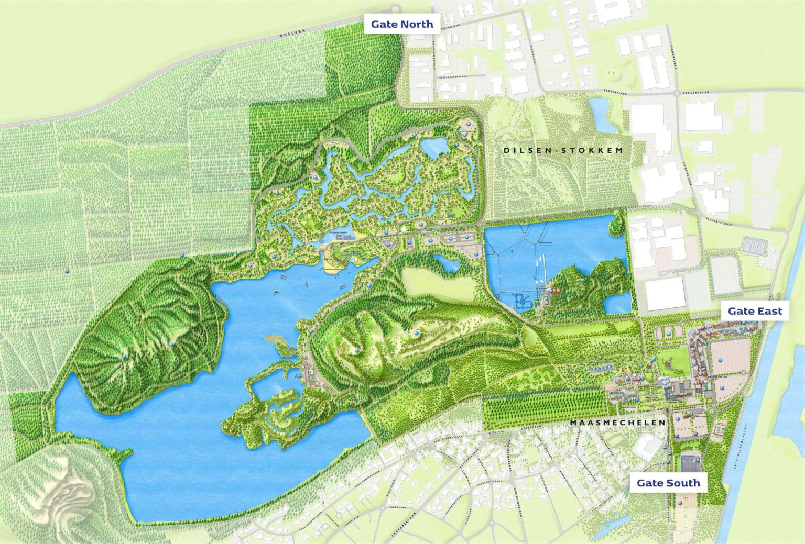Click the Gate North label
click(402, 24)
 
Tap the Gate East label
click(755, 311)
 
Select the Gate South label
click(668, 482)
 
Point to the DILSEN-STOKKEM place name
click(562, 150)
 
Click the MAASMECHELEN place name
click(617, 423)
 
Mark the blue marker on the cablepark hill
click(582, 282)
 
